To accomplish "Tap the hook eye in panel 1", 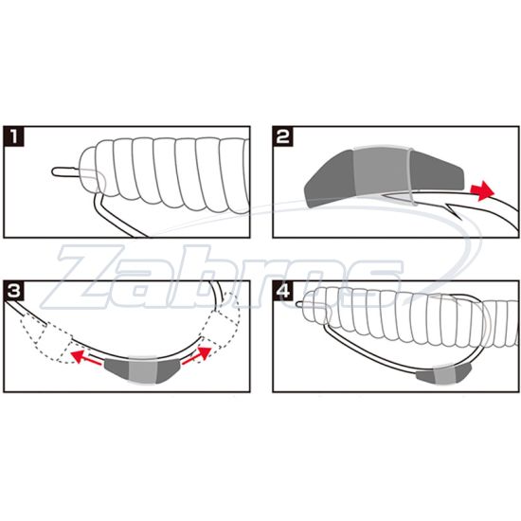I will coord(57,171).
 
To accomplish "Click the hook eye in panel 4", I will coord(301,305).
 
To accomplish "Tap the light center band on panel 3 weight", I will coord(141,367).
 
